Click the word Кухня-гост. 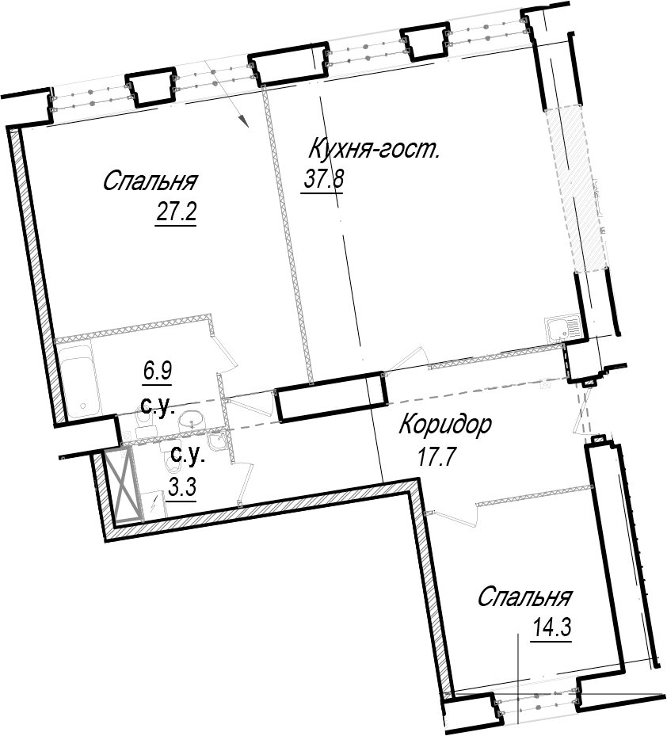tap(374, 149)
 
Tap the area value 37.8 tap(324, 178)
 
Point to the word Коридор tap(445, 425)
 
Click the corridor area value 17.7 tap(436, 456)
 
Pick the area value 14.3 tap(551, 627)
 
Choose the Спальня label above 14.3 tap(524, 597)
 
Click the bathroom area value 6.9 tap(158, 371)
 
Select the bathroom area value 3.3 tap(182, 488)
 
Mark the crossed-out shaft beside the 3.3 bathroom tap(124, 486)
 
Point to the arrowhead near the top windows tap(242, 121)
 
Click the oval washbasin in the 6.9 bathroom tap(193, 418)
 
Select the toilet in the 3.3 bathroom tap(172, 463)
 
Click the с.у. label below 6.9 tap(158, 406)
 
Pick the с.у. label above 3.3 tap(187, 455)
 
